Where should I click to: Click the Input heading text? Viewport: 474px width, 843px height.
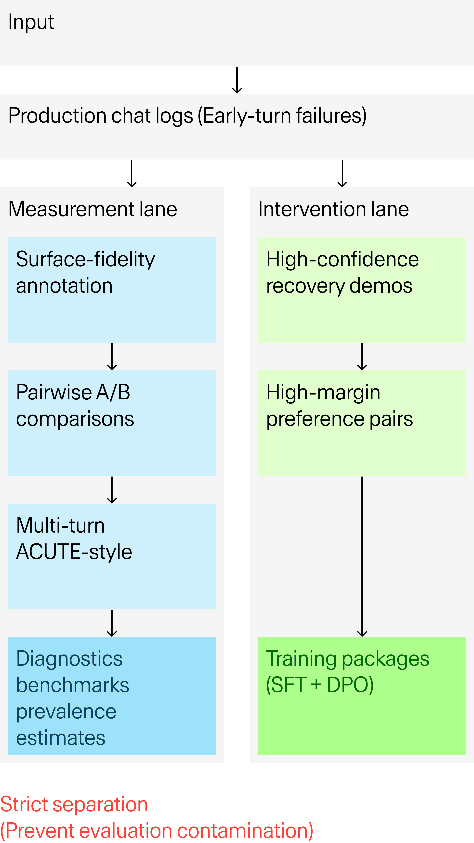click(x=31, y=22)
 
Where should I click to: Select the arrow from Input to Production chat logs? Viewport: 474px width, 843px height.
click(x=237, y=80)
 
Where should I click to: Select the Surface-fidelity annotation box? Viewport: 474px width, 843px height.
click(x=112, y=290)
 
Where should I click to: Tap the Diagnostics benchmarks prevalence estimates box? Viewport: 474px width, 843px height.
click(x=112, y=696)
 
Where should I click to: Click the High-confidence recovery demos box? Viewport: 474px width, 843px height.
click(x=362, y=290)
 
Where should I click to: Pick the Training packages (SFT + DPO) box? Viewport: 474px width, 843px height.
click(x=362, y=696)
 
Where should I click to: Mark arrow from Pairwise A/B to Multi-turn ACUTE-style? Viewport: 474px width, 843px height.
click(x=112, y=490)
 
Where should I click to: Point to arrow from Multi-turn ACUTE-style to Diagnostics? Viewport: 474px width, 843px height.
click(x=112, y=623)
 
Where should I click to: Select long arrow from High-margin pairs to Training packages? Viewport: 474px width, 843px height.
click(x=362, y=556)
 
